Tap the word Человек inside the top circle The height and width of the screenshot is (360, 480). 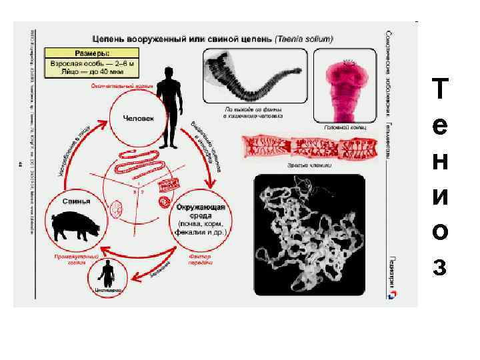point(139,118)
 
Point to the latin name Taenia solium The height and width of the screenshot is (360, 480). point(306,40)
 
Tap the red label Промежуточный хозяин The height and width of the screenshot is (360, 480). point(75,259)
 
